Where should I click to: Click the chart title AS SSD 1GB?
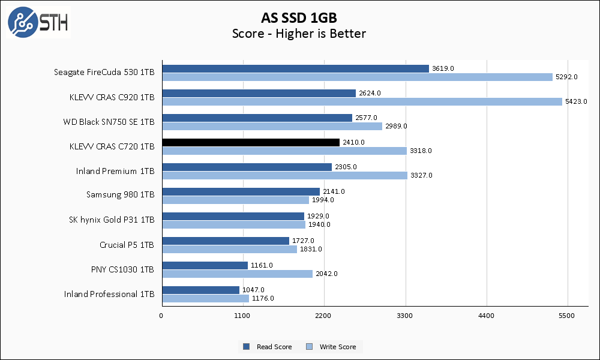(x=299, y=16)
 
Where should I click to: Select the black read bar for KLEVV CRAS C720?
(x=250, y=142)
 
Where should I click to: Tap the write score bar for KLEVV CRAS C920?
(x=362, y=101)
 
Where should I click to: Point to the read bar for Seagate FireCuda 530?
(x=295, y=68)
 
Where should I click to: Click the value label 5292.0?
(x=566, y=77)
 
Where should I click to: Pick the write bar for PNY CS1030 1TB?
(x=237, y=274)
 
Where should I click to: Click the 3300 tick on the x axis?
(x=405, y=316)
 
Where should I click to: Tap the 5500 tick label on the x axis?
(x=567, y=316)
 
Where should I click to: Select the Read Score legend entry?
(x=268, y=347)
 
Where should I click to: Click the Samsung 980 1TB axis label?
(x=120, y=195)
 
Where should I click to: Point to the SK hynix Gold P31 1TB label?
(x=112, y=220)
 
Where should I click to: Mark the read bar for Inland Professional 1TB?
(x=200, y=290)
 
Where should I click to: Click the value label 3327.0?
(x=421, y=175)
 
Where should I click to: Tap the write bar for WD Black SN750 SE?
(x=272, y=126)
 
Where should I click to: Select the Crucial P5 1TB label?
(x=127, y=245)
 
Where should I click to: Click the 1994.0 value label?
(x=322, y=200)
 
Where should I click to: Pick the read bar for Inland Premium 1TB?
(x=247, y=167)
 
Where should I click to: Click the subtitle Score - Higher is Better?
(x=299, y=34)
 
